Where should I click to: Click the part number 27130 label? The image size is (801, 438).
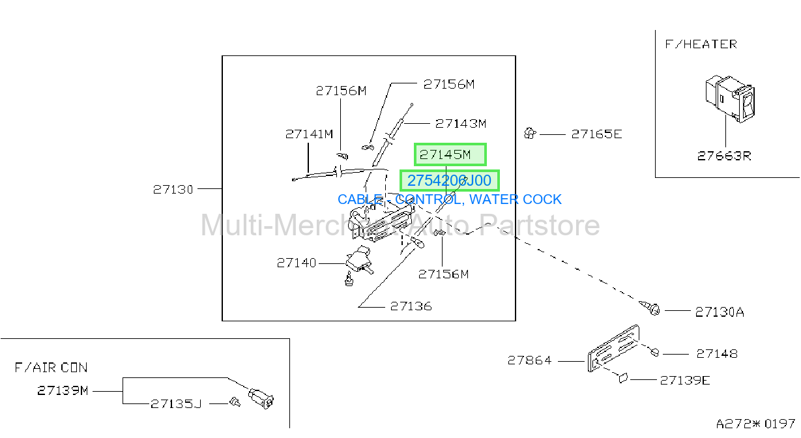pos(173,189)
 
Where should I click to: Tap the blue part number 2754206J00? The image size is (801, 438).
pos(449,181)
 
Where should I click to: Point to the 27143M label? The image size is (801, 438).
pos(461,124)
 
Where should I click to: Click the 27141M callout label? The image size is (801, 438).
pos(310,134)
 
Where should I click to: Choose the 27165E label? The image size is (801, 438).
pos(597,134)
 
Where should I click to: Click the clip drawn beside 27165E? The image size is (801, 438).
pos(530,134)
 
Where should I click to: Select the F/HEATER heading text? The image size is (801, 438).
pos(701,44)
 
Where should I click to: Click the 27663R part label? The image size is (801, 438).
pos(724,156)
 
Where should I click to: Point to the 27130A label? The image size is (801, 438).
pos(720,312)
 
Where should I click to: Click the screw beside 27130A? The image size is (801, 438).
pos(650,308)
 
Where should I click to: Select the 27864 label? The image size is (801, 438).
pos(530,360)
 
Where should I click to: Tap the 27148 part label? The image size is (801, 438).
pos(717,354)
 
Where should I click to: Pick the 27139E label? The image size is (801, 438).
pos(685,380)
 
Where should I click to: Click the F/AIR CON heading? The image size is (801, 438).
pos(51,368)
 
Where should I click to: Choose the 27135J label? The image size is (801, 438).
pos(176,403)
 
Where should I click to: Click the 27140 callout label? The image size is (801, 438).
pos(297,263)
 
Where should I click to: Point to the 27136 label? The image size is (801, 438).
pos(411,306)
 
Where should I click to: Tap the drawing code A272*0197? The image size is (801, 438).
pos(755,424)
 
